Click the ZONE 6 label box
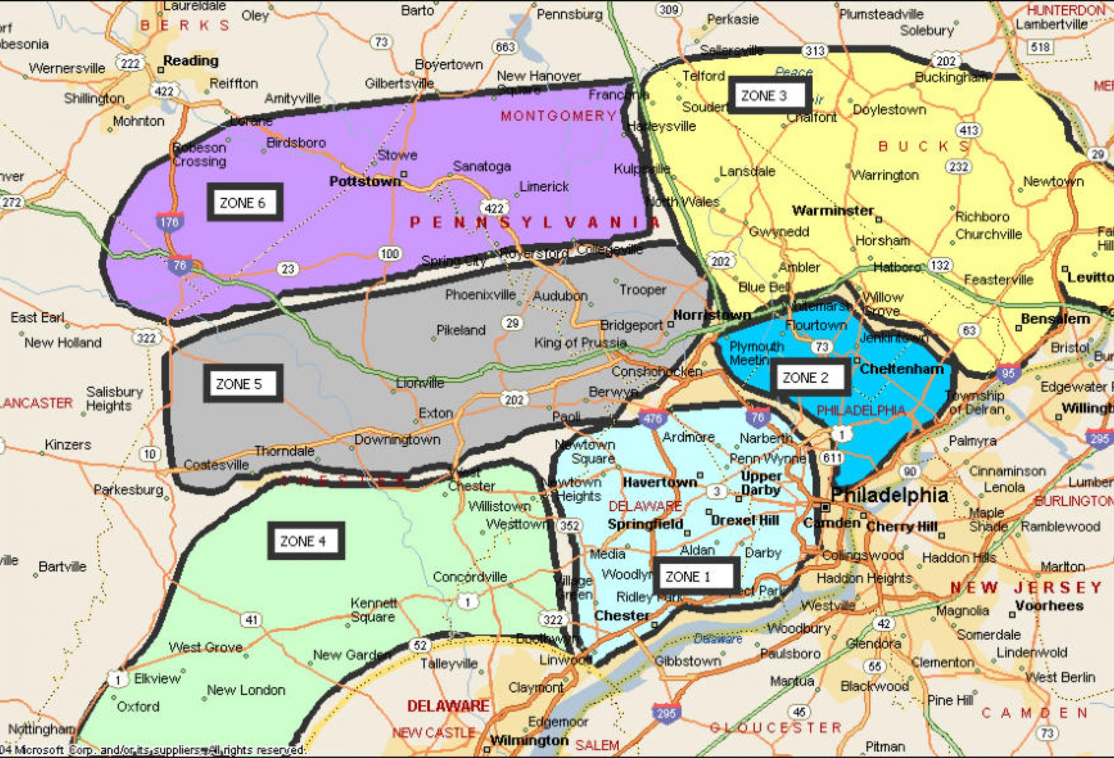click(245, 202)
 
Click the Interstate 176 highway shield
click(169, 222)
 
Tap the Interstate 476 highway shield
click(652, 419)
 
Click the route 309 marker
click(668, 10)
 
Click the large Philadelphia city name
click(889, 495)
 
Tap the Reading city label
click(190, 60)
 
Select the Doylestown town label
click(889, 110)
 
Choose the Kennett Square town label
click(373, 609)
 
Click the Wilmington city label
click(529, 740)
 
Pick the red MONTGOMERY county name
click(558, 116)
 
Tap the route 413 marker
click(968, 130)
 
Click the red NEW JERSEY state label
click(1026, 587)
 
